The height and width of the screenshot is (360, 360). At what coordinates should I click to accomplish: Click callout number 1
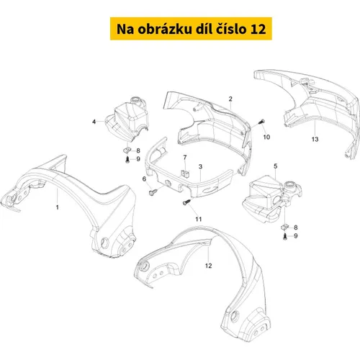(58, 207)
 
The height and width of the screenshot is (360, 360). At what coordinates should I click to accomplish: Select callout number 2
(230, 99)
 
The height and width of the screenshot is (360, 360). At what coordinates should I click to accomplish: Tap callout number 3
(200, 166)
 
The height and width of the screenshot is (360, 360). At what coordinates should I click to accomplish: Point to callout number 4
(94, 122)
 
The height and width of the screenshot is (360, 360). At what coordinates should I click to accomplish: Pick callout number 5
(276, 166)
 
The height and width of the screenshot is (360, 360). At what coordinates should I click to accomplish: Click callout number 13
(315, 139)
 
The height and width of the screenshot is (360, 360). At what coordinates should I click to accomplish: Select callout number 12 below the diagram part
(208, 266)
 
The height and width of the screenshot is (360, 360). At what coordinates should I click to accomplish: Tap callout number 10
(266, 137)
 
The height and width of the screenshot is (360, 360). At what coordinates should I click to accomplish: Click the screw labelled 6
(153, 192)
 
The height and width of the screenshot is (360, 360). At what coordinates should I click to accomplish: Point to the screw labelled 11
(186, 202)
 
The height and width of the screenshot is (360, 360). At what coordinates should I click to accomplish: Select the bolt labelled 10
(261, 122)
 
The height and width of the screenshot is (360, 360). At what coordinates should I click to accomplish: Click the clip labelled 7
(185, 174)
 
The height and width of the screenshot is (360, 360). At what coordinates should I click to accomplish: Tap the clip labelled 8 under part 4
(126, 150)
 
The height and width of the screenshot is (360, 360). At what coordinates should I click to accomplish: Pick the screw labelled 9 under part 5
(285, 236)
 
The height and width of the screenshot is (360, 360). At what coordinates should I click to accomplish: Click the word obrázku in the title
(165, 29)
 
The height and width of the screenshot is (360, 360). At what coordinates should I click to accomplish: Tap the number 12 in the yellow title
(258, 30)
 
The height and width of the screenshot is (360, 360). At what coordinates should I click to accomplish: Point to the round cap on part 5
(291, 185)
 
